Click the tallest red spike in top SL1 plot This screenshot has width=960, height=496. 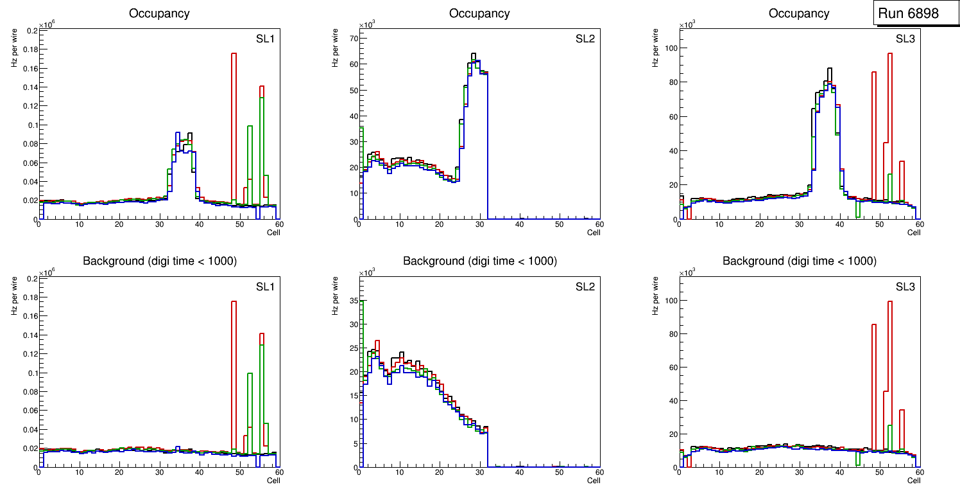(234, 55)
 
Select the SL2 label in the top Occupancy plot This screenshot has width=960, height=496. (585, 39)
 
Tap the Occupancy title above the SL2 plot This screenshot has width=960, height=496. (479, 13)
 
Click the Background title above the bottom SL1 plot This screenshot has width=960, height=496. (159, 261)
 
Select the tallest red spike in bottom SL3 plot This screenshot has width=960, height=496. (890, 302)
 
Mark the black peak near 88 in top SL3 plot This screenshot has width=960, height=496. (829, 69)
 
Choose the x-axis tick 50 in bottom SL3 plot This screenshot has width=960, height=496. (879, 472)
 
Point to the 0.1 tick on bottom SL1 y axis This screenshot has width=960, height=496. (31, 373)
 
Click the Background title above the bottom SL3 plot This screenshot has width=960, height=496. (799, 261)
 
